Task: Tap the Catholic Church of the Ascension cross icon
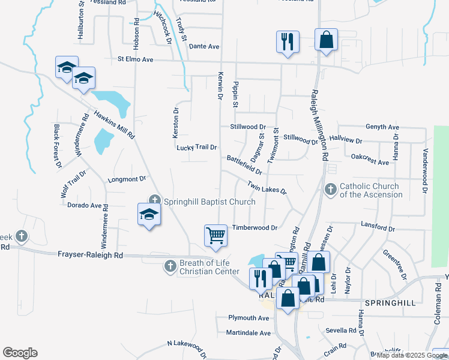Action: pos(330,190)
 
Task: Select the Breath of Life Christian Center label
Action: pos(210,267)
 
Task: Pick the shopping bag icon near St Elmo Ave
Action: pos(325,41)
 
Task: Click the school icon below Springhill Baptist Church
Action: pos(149,214)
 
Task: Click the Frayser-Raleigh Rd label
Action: pos(90,255)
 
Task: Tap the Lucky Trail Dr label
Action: pos(196,147)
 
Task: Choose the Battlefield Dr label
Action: pos(245,165)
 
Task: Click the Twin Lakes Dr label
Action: pos(267,186)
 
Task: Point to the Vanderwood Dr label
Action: pos(425,170)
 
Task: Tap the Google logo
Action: pos(20,353)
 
